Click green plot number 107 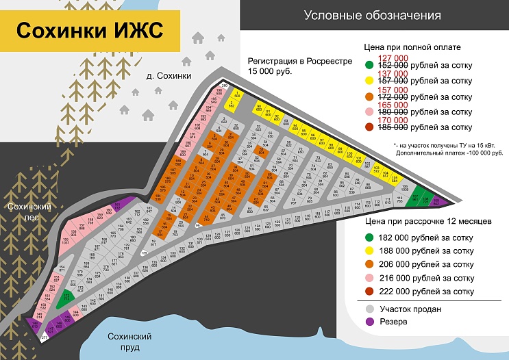(415, 198)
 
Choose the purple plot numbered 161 (117, 207)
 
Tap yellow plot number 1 (237, 94)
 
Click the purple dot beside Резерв (370, 322)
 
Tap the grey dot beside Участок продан (370, 309)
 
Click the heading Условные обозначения (372, 14)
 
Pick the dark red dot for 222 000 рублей (370, 292)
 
